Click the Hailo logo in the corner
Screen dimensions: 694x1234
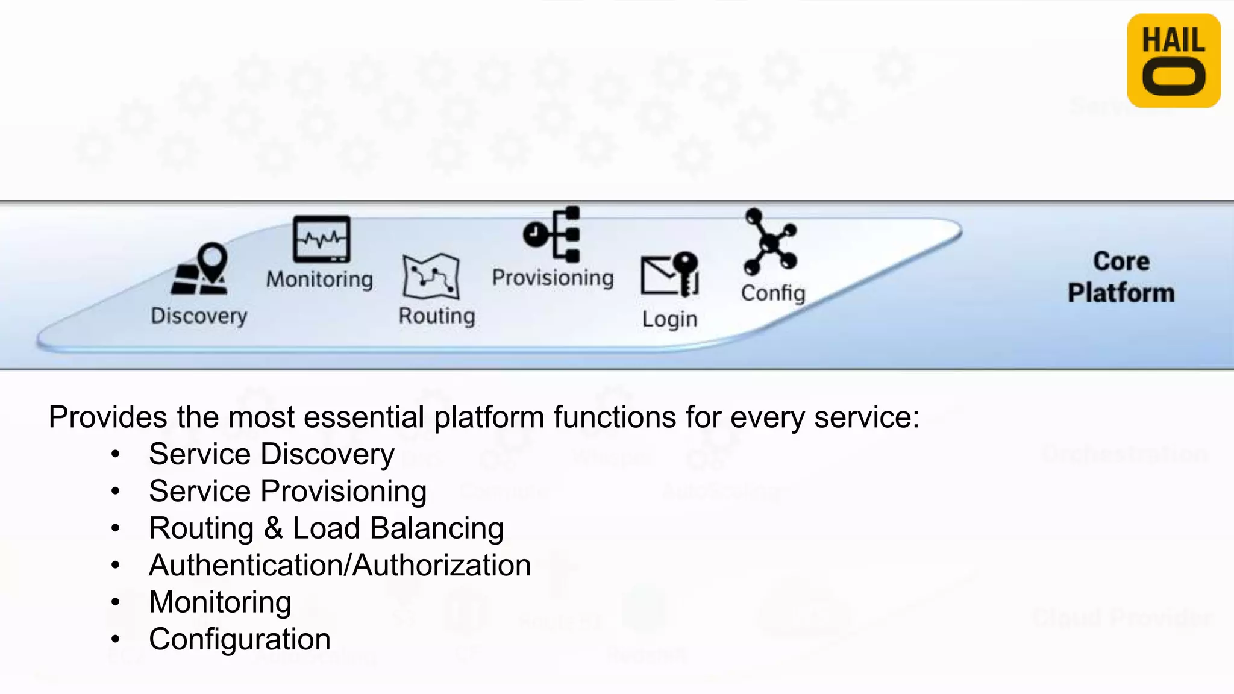pos(1173,61)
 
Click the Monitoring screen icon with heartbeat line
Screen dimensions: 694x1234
pos(321,239)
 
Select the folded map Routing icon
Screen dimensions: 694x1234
pos(431,277)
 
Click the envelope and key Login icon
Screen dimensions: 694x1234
pos(669,275)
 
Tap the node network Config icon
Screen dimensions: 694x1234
pos(771,242)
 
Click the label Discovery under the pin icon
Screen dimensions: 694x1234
pos(199,316)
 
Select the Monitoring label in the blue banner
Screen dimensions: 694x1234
pos(319,280)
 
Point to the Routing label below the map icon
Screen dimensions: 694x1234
pos(437,316)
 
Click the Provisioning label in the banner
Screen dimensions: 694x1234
pos(553,278)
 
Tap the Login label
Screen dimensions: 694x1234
pos(669,319)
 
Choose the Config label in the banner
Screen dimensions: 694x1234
pos(772,293)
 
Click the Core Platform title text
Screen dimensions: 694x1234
pos(1121,277)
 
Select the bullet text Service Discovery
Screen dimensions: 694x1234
pos(271,454)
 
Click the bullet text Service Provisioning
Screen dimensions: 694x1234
pos(287,491)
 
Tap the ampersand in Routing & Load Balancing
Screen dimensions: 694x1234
pos(273,528)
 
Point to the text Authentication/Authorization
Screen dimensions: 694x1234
pos(340,565)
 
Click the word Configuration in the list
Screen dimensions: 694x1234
pos(239,639)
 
